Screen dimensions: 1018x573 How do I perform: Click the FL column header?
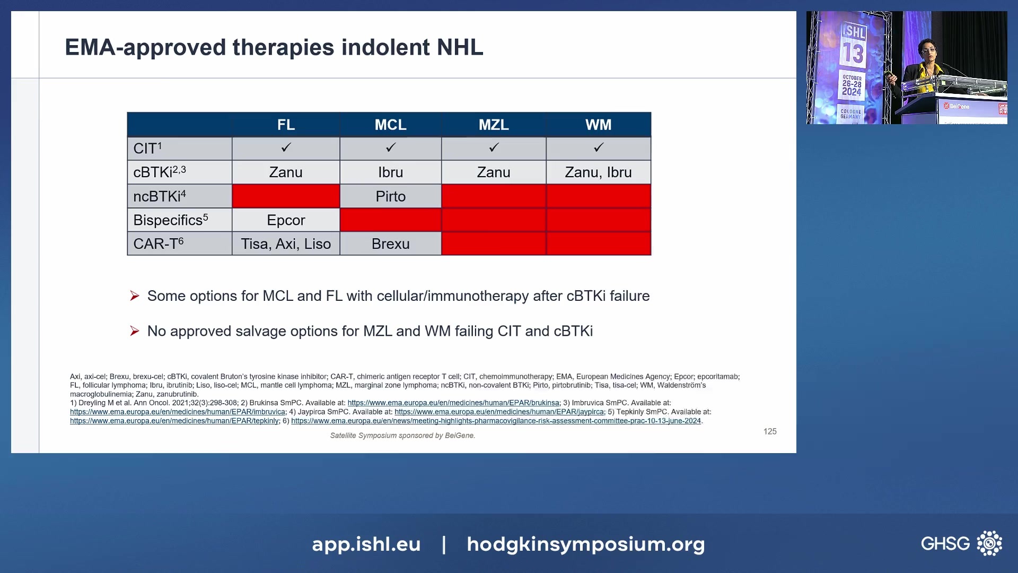(286, 125)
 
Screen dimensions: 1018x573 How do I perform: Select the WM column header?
(599, 125)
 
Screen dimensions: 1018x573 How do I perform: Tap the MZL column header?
(494, 125)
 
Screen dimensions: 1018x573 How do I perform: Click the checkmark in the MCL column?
(391, 147)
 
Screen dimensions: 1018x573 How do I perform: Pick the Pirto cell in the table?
(391, 196)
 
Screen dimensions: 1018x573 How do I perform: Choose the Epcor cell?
(286, 220)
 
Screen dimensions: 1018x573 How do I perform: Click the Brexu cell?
(391, 244)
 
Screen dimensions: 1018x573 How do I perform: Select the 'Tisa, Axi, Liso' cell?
(286, 244)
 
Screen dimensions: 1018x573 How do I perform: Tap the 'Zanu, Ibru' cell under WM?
(599, 172)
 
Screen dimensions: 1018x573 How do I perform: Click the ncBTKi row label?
(160, 196)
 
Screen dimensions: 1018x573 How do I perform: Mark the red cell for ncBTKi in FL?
(286, 196)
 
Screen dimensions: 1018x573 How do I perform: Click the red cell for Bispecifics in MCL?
(391, 220)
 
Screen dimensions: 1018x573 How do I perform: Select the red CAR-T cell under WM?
(599, 244)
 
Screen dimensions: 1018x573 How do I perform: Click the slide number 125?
(770, 431)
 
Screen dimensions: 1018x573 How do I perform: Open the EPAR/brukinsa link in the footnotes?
(453, 403)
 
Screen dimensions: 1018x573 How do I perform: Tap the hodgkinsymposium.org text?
(586, 544)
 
